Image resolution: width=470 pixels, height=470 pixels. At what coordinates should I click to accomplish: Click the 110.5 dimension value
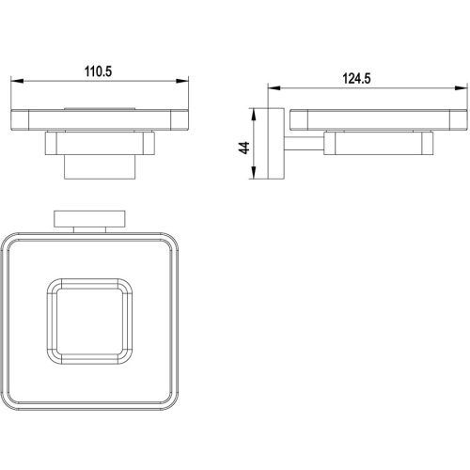point(98,71)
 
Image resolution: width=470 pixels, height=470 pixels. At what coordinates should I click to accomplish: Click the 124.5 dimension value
point(356,78)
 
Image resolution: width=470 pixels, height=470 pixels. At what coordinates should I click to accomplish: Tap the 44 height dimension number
point(244,148)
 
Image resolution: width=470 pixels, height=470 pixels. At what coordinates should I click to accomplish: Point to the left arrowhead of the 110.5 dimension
point(17,81)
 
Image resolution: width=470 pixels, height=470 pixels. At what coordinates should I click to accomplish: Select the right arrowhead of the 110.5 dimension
point(182,81)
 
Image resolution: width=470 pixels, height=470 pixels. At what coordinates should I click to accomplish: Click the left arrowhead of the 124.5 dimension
point(274,88)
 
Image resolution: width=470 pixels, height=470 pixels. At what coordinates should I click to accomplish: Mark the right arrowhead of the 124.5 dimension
point(461,88)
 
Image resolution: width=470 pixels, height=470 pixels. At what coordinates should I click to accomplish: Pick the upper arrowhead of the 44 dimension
point(254,115)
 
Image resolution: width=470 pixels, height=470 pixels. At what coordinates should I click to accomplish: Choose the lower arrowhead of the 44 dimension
point(254,173)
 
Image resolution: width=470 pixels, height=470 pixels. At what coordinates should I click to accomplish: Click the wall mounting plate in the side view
point(276,144)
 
